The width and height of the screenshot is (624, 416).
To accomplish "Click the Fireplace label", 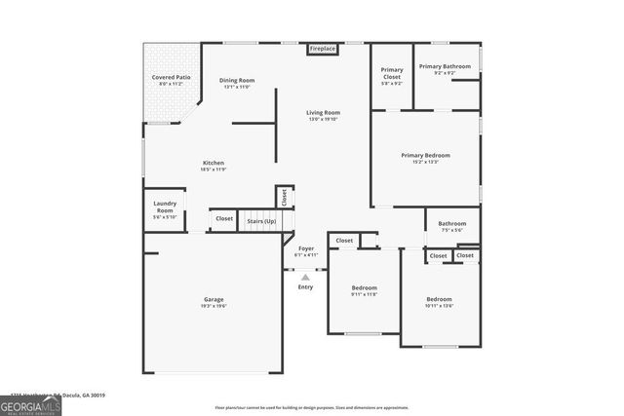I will [x=322, y=49].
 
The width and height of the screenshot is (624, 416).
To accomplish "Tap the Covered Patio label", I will [x=170, y=77].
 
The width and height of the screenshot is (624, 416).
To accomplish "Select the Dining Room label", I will [x=237, y=80].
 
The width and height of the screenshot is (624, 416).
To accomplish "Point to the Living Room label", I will [x=324, y=113].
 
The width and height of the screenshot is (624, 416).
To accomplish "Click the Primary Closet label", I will [x=392, y=70].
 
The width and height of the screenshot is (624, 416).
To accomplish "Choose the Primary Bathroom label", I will [x=445, y=66].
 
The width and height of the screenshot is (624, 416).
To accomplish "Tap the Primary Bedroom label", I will [x=425, y=155].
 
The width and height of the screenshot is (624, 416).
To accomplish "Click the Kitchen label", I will [x=214, y=163].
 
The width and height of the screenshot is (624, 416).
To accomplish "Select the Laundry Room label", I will [x=165, y=207].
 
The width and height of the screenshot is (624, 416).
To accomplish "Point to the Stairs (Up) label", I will [x=260, y=221].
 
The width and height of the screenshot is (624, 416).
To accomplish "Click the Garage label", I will [x=214, y=299].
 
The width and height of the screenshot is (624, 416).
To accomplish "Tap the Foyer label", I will [x=306, y=249].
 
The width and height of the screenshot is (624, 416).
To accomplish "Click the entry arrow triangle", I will [x=305, y=277].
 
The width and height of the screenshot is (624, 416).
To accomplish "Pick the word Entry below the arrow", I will [x=305, y=286].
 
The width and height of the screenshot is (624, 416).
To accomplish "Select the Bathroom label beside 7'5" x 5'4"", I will [x=451, y=223].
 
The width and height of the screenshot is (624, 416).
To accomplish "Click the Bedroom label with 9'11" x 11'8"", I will [x=365, y=287].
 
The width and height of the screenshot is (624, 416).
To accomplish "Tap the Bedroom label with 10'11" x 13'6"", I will [x=439, y=299].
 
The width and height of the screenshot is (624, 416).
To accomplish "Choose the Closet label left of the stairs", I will [x=224, y=219].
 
